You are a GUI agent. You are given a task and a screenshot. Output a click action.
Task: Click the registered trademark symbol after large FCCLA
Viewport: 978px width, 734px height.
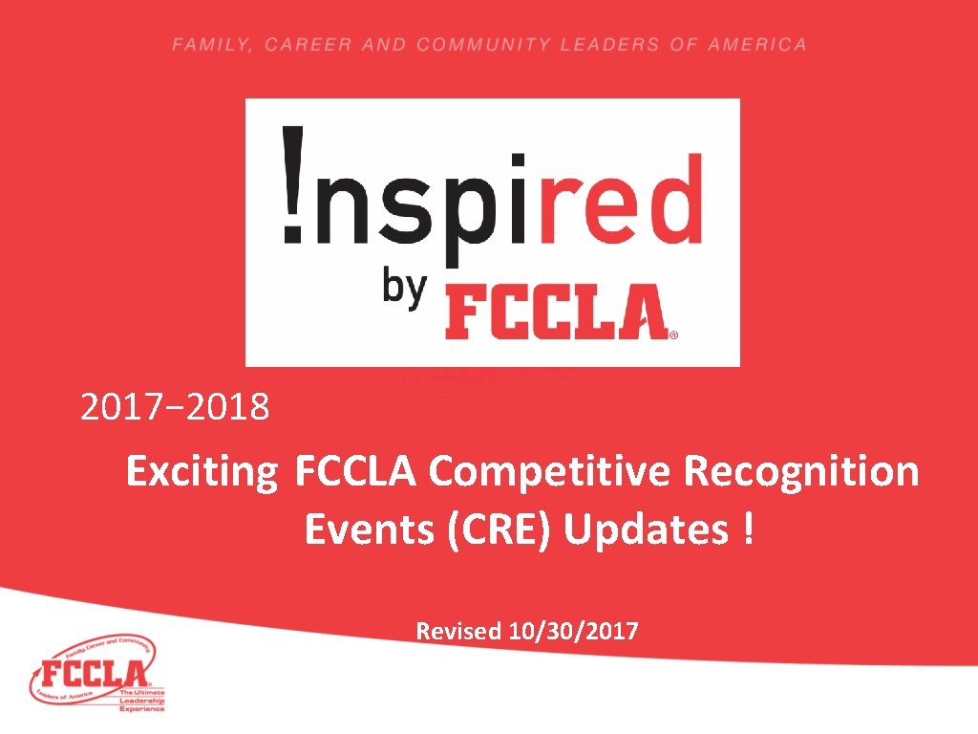click(x=674, y=335)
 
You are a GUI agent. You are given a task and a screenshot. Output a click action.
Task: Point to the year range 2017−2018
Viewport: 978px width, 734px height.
click(x=175, y=409)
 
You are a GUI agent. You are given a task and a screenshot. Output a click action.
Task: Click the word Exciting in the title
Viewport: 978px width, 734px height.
click(x=202, y=472)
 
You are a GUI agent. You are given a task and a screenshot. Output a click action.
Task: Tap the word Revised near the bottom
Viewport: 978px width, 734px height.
click(x=458, y=631)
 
